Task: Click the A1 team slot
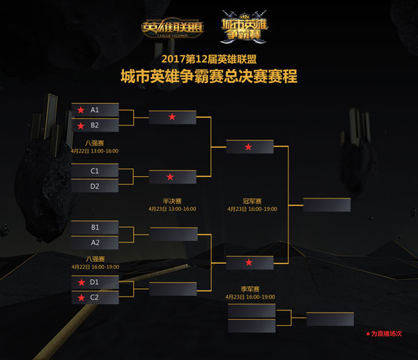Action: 95,110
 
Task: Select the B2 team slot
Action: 95,125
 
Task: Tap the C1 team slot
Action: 95,171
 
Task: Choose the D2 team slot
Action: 95,186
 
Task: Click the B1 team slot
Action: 95,227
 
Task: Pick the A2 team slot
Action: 95,242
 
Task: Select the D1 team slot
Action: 95,282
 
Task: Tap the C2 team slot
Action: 95,297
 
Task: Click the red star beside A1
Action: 81,110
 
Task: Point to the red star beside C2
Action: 81,297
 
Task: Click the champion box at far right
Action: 327,204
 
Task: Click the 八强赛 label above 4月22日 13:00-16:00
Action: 95,142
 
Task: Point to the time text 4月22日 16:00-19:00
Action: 95,266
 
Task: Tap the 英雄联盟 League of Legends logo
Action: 173,28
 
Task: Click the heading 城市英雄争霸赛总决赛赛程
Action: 208,76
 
